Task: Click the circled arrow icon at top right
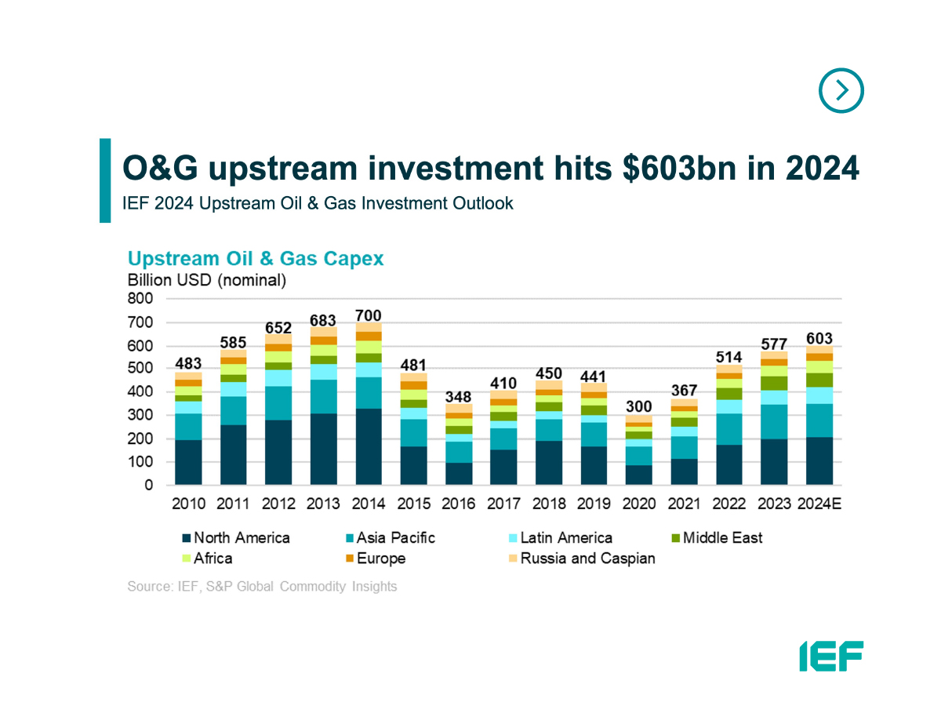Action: coord(841,91)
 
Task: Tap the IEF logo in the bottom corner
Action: coord(831,656)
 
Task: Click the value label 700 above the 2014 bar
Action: coord(369,315)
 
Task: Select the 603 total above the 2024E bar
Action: coord(819,338)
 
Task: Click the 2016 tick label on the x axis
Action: coord(459,504)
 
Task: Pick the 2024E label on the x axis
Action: coord(819,504)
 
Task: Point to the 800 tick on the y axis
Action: coord(142,299)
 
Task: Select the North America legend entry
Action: coord(235,538)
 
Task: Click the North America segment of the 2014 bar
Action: coord(369,446)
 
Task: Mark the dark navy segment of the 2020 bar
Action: coord(639,475)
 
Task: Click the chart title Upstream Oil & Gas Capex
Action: coord(256,259)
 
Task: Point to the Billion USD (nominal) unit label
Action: coord(207,280)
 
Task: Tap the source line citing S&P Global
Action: coord(262,587)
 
